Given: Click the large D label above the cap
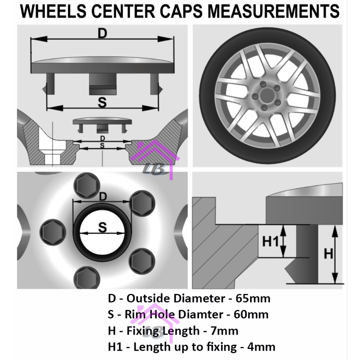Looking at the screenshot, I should (102, 34).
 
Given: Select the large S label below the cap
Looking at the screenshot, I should (102, 103).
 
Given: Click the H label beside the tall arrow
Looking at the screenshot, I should (328, 254).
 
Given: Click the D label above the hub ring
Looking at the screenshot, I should (103, 196).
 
